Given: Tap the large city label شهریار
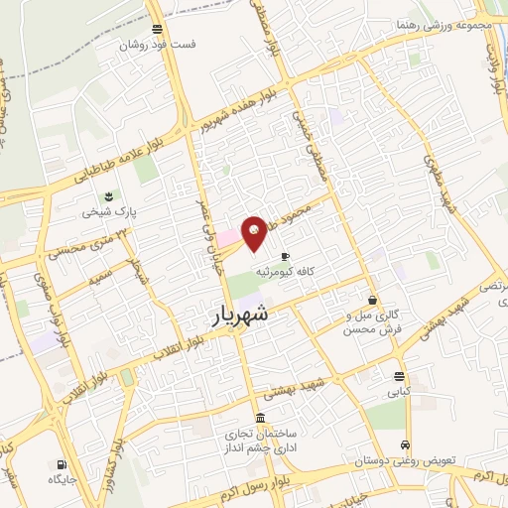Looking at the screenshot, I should click(240, 316).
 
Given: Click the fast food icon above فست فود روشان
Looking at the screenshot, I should click(158, 29).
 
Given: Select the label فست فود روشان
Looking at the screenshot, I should click(158, 46).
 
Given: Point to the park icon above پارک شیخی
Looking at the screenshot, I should click(109, 195).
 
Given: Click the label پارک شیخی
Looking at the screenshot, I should click(109, 212).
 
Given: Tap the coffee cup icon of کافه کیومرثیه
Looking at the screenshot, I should click(286, 255).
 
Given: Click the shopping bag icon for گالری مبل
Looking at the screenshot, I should click(372, 300).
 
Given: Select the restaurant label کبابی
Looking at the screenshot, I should click(399, 393).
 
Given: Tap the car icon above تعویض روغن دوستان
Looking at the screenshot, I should click(405, 444).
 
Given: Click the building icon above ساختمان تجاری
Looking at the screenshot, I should click(260, 418).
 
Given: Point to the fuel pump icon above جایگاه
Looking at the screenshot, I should click(62, 463).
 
